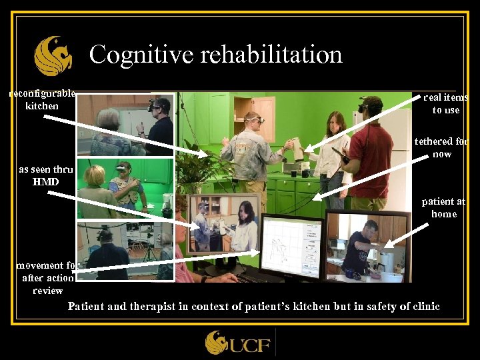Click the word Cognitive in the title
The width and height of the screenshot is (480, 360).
pyautogui.click(x=128, y=54)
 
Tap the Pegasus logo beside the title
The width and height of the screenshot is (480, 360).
pyautogui.click(x=53, y=56)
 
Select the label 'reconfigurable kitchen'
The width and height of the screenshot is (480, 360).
pyautogui.click(x=42, y=100)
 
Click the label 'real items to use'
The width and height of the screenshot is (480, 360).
pyautogui.click(x=445, y=104)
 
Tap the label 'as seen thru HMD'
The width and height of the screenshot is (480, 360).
pyautogui.click(x=45, y=175)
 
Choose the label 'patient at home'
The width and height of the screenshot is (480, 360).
pyautogui.click(x=443, y=207)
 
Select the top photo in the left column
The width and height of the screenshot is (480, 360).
pyautogui.click(x=125, y=124)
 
